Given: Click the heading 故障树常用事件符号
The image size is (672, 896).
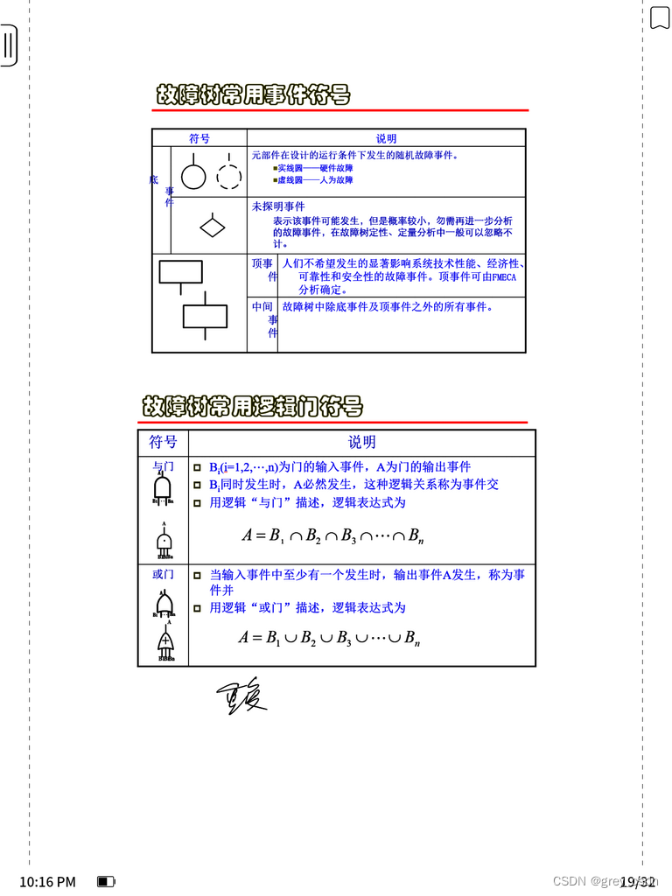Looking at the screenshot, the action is click(253, 95).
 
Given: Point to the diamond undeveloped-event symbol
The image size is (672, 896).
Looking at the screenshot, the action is click(213, 226).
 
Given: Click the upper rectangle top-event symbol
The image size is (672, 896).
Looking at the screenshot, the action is click(180, 271).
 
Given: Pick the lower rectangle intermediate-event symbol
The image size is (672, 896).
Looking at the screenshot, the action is click(205, 316).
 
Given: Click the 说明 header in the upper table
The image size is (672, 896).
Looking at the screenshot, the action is click(386, 138).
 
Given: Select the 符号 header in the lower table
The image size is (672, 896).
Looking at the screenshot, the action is click(163, 442).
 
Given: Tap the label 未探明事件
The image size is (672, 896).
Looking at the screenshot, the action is click(278, 206).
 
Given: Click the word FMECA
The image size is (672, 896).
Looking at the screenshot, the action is click(505, 276).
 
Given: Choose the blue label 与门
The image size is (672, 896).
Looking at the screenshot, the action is click(163, 467).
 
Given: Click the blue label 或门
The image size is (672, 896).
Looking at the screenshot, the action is click(163, 574).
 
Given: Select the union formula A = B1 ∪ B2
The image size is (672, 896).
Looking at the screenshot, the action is click(329, 638).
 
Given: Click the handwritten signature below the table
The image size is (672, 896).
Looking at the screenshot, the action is click(241, 696).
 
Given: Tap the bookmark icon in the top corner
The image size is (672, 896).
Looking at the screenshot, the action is click(659, 17).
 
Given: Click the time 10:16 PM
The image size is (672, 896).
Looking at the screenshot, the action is click(47, 881).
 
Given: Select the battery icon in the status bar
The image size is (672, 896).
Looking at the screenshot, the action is click(106, 881).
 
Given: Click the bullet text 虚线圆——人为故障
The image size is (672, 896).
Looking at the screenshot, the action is click(315, 180).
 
